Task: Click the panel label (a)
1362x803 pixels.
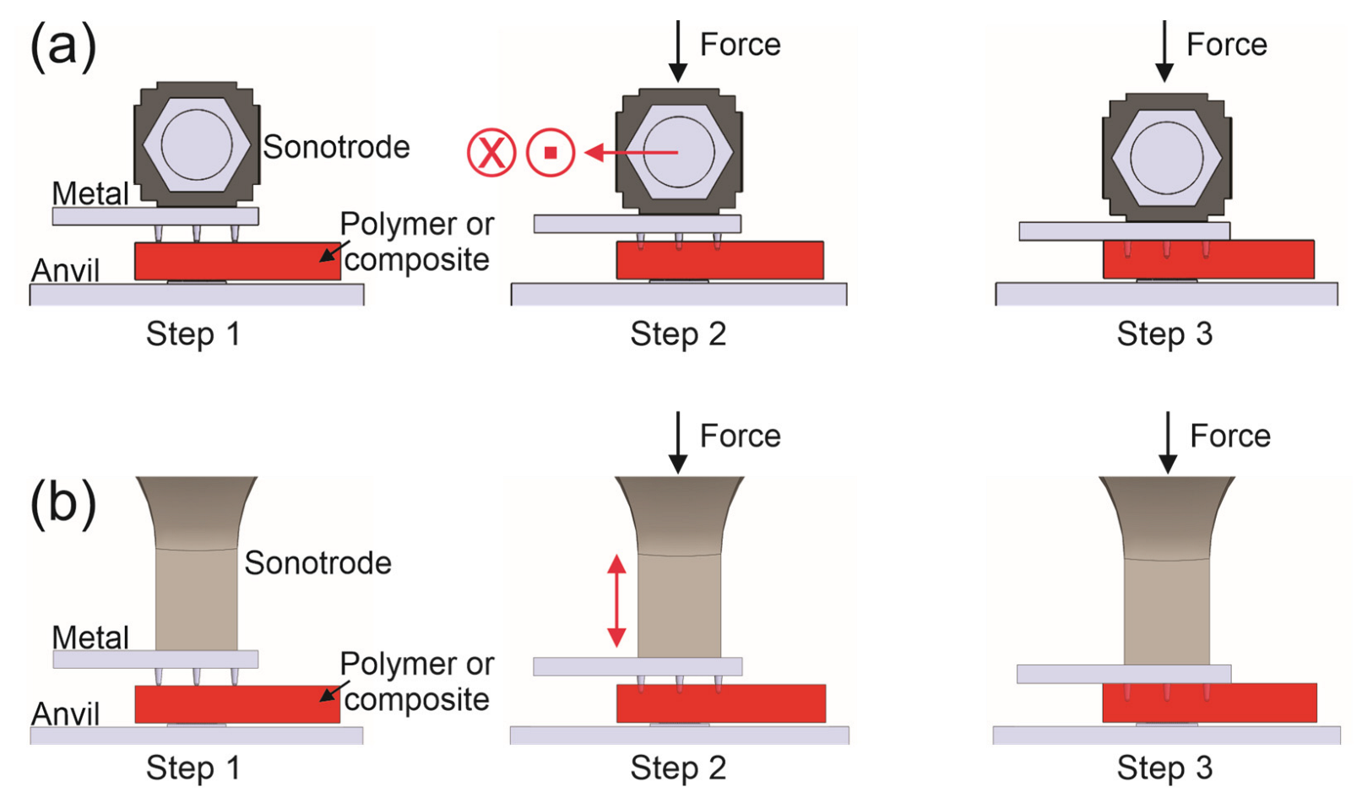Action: tap(63, 46)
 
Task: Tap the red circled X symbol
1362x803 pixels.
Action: tap(491, 153)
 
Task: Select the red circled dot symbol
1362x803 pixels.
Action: tap(551, 153)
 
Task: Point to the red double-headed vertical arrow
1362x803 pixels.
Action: tap(617, 600)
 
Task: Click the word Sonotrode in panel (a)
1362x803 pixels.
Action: tap(336, 147)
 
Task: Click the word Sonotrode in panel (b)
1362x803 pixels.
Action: tap(317, 563)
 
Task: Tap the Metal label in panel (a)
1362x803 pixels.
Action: tap(90, 193)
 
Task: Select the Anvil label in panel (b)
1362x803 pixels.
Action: tap(65, 714)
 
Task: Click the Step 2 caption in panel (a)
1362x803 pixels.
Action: tap(678, 334)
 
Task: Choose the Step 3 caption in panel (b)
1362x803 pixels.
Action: tap(1164, 768)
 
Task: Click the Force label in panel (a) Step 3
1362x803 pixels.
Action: tap(1226, 45)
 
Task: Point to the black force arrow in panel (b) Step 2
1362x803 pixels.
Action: tap(678, 442)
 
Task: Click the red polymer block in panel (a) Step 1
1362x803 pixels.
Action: tap(237, 262)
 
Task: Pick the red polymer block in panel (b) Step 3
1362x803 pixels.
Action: tap(1209, 703)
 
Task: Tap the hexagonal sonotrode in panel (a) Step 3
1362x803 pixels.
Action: tap(1166, 157)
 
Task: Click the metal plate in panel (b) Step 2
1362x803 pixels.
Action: tap(638, 666)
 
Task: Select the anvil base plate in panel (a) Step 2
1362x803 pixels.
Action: tap(678, 294)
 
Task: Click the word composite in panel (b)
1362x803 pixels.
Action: tap(416, 700)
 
